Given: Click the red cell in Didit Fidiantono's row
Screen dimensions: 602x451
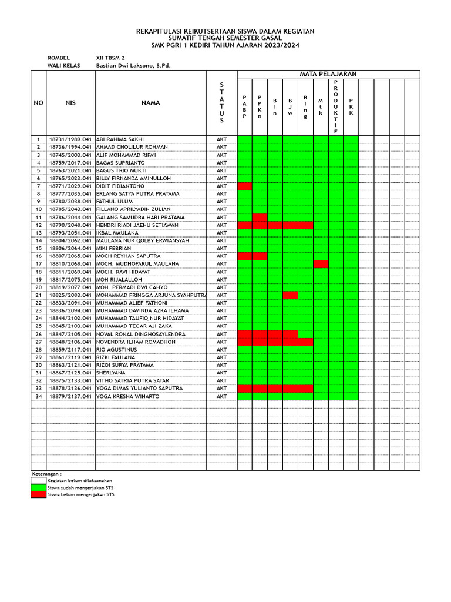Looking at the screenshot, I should [x=245, y=186].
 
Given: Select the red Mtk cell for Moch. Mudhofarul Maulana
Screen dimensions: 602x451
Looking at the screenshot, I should [x=321, y=264].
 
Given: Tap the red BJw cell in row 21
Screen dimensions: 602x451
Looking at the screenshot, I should [x=290, y=295].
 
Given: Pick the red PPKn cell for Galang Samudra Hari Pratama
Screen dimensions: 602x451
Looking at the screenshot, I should [x=260, y=218].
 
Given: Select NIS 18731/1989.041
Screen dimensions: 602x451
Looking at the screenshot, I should [x=70, y=139].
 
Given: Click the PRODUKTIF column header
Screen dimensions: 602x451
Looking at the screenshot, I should [x=336, y=107].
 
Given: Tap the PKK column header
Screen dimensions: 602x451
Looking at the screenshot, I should [x=351, y=107].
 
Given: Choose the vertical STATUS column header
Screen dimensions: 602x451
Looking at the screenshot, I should [x=221, y=103].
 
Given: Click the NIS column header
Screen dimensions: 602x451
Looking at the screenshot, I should [x=70, y=103].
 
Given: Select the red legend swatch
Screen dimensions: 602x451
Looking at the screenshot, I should [x=39, y=494].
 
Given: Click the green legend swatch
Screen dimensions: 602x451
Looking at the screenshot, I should [x=39, y=487].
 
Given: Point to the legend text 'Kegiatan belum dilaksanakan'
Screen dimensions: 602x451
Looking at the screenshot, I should [x=79, y=480].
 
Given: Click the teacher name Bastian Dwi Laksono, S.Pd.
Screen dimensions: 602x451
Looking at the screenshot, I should [x=133, y=66].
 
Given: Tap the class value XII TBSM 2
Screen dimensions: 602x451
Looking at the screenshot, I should [x=110, y=58].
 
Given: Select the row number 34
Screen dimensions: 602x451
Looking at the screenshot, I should [x=39, y=396].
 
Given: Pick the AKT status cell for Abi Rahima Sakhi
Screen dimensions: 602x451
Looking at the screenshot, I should [x=221, y=139].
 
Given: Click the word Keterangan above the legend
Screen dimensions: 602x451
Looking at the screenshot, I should [x=46, y=473].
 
